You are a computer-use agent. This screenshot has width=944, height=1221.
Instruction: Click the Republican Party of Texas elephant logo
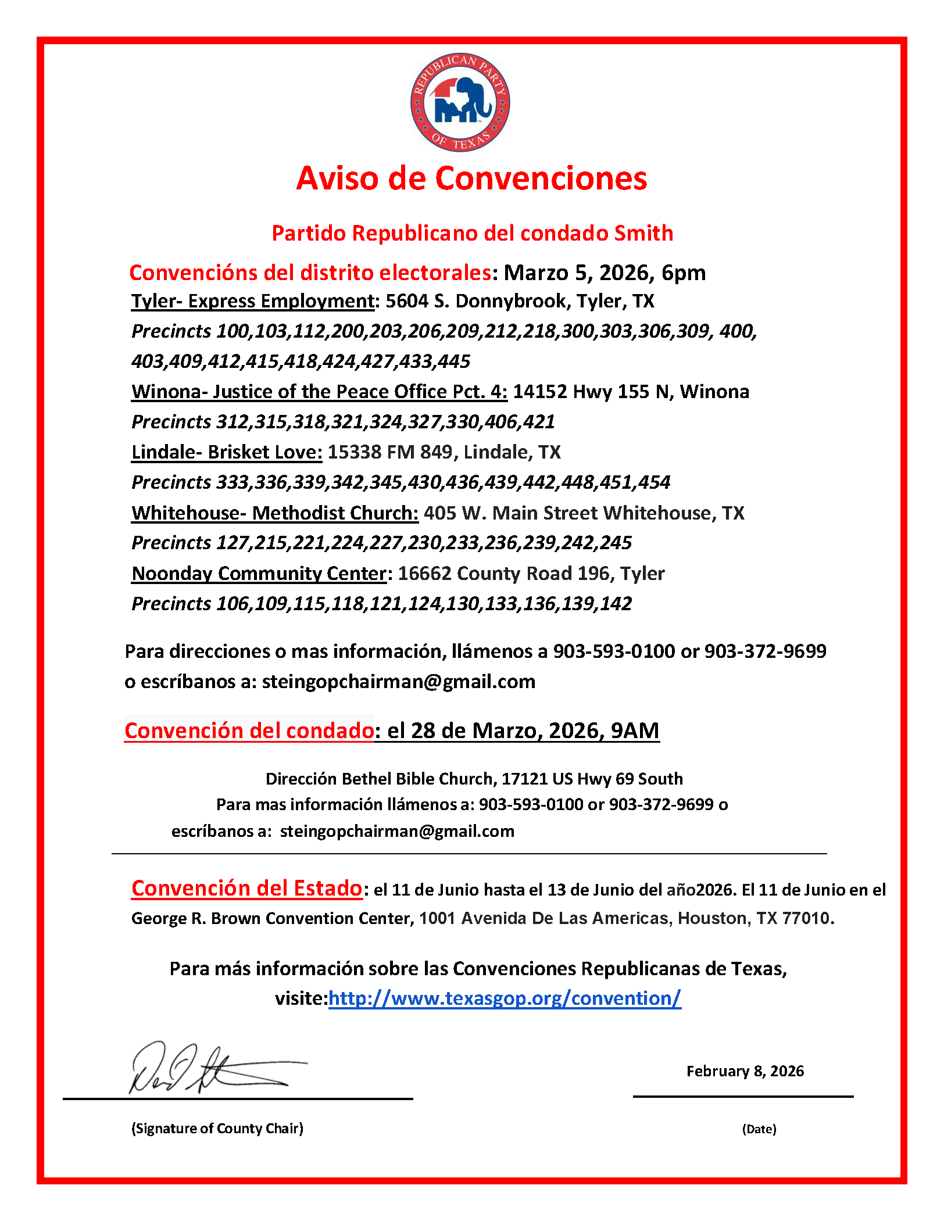point(460,102)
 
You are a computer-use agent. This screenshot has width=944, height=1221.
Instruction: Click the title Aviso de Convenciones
point(471,178)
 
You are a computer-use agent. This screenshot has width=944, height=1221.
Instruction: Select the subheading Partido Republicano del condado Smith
point(472,233)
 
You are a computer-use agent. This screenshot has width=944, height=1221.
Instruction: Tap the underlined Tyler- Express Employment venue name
point(253,301)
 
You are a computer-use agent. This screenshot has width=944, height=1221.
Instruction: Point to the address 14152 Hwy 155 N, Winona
point(631,392)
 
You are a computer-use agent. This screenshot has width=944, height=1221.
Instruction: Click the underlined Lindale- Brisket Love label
point(227,452)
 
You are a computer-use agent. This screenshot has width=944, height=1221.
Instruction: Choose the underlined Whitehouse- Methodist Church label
point(275,513)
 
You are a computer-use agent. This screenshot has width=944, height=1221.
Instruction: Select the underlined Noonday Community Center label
point(259,574)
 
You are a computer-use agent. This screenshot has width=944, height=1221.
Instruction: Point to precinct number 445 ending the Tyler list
point(454,361)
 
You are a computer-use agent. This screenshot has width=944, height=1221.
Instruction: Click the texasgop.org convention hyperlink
point(505,998)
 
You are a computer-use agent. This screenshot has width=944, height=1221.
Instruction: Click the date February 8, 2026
point(745,1071)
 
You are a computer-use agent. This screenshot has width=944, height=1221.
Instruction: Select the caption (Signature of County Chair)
point(217,1128)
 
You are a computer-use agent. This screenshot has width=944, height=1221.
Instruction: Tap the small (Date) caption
point(759,1129)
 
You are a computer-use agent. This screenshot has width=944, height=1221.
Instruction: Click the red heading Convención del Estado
point(247,888)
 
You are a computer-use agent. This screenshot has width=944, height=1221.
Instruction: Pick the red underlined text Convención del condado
point(249,731)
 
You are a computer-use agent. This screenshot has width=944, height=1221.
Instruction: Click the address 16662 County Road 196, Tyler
point(531,574)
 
